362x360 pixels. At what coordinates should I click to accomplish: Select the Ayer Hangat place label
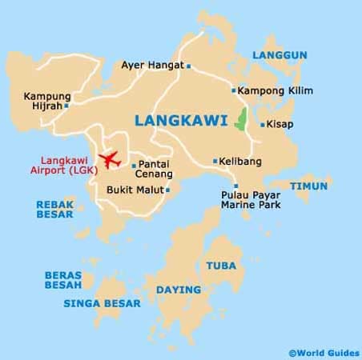[152, 66]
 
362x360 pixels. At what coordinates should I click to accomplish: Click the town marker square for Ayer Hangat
[188, 66]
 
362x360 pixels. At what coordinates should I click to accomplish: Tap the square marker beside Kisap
[262, 125]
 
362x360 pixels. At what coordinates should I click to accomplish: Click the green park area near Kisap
[240, 121]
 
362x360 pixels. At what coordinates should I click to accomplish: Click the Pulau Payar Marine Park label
[252, 198]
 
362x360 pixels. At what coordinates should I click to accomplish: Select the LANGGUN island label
[280, 54]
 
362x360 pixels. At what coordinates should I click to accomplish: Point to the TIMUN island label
[309, 186]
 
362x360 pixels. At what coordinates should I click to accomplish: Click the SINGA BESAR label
[102, 303]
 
